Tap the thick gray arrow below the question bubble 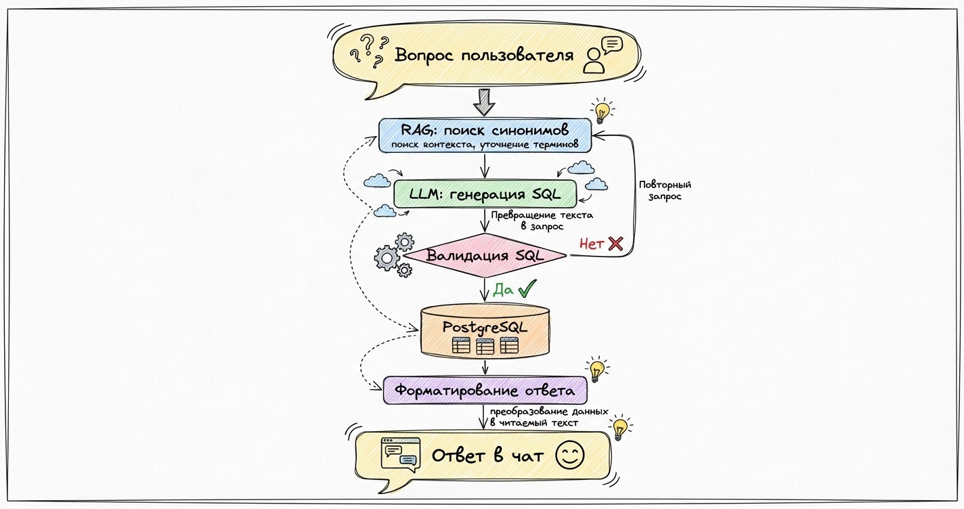point(484,101)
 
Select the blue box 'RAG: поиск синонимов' point(485,136)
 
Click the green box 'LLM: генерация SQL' point(485,194)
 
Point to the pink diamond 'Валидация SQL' point(485,256)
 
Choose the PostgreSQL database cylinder point(485,332)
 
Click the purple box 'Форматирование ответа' point(485,391)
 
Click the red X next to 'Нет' point(615,244)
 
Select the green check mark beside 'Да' point(527,290)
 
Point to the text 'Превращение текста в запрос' point(542,221)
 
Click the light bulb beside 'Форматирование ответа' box point(596,370)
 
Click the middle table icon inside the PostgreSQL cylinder point(485,346)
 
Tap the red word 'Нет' point(591,244)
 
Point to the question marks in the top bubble point(366,51)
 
